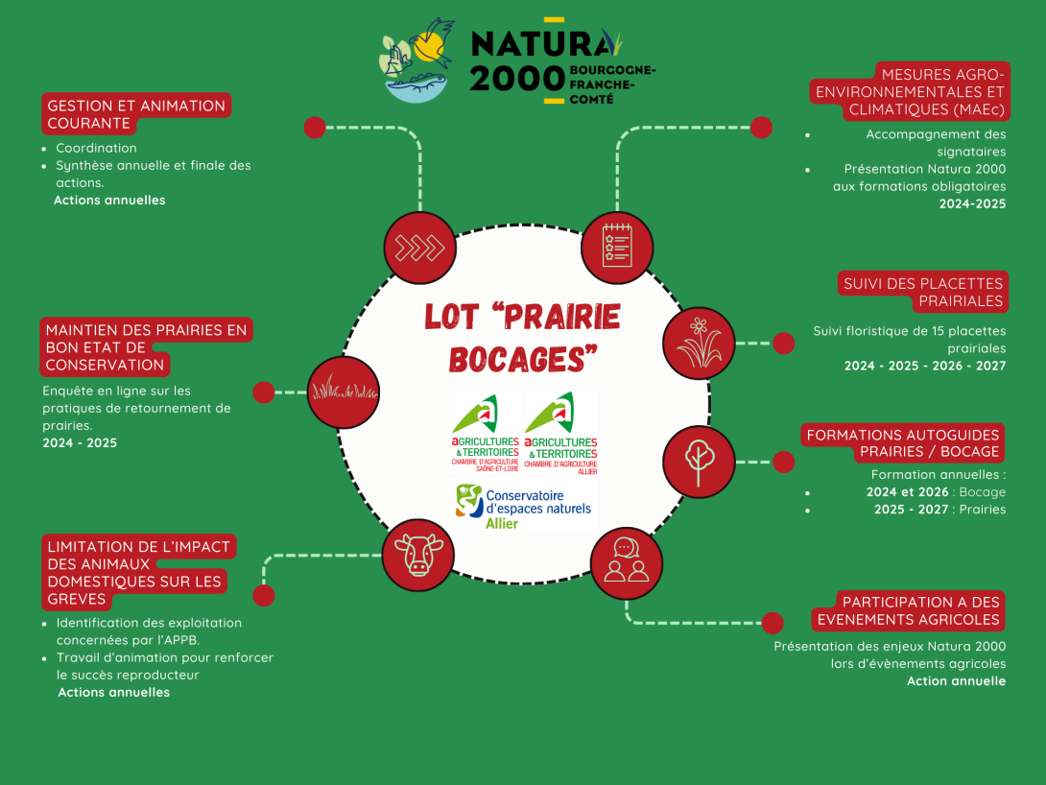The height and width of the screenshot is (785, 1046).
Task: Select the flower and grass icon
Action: tap(698, 343)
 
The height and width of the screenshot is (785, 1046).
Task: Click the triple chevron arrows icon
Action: tap(419, 248)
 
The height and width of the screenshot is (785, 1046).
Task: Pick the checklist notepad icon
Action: tap(617, 247)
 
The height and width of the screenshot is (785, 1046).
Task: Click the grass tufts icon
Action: tap(343, 392)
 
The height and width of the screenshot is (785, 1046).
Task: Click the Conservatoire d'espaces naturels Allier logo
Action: tap(523, 507)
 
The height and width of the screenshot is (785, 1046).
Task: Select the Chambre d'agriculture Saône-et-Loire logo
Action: tap(486, 433)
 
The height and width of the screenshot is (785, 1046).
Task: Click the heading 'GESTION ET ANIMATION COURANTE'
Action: tap(135, 114)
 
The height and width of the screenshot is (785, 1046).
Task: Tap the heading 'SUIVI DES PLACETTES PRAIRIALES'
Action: tap(922, 292)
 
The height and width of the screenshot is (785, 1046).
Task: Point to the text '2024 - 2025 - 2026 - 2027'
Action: tap(924, 366)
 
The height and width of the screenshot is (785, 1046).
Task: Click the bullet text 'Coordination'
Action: tap(96, 148)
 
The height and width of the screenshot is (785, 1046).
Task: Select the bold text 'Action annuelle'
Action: tap(956, 680)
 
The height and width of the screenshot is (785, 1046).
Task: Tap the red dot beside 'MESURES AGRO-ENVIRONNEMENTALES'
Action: tap(761, 128)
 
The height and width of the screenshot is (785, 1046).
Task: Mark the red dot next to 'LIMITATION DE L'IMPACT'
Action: tap(263, 595)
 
